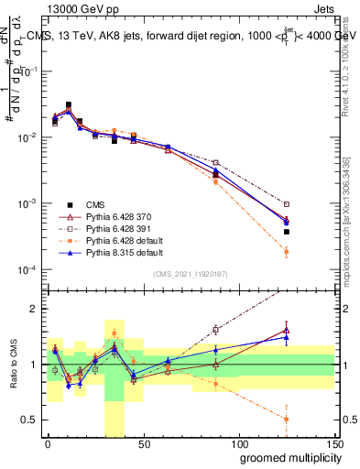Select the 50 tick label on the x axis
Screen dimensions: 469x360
pos(142,444)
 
